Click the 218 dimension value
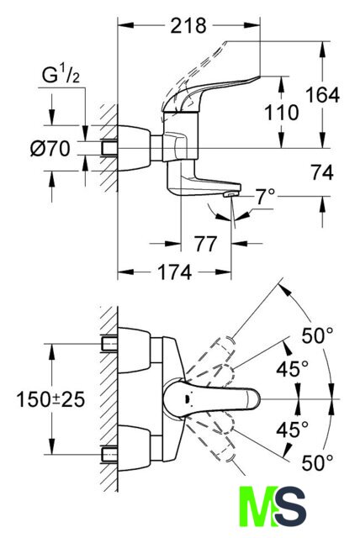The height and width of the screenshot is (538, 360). pyautogui.click(x=188, y=25)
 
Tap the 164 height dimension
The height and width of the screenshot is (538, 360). pyautogui.click(x=322, y=95)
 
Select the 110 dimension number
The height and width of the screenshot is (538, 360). pyautogui.click(x=282, y=113)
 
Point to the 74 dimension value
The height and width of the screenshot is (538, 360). pyautogui.click(x=322, y=172)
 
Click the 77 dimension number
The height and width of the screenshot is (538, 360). pyautogui.click(x=206, y=244)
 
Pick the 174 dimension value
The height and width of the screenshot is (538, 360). pyautogui.click(x=174, y=272)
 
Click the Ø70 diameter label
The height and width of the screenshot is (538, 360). pyautogui.click(x=50, y=149)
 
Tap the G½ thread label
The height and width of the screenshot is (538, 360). pyautogui.click(x=61, y=75)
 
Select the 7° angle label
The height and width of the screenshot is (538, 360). pyautogui.click(x=265, y=197)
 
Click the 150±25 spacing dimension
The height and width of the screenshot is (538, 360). pyautogui.click(x=50, y=400)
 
